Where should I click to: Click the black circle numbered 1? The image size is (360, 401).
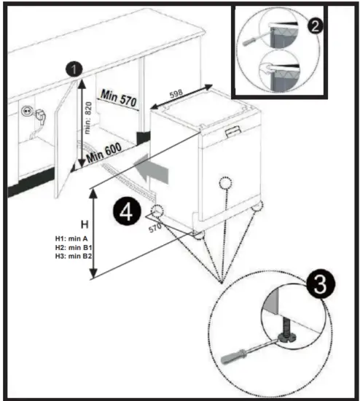74,69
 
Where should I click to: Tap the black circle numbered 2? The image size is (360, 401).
315,26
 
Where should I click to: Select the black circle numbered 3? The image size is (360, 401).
321,284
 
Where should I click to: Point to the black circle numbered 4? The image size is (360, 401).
127,211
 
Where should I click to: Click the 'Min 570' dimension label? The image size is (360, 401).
119,98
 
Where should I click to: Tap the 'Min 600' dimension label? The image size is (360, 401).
104,152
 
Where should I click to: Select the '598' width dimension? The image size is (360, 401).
176,93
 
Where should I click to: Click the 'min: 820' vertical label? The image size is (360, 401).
88,118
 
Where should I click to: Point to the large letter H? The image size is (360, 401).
85,225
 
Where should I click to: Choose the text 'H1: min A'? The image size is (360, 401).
71,238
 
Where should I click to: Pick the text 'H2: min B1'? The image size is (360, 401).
74,247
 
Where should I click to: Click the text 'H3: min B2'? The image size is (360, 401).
74,256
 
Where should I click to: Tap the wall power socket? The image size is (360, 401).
26,111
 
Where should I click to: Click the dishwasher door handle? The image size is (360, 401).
233,132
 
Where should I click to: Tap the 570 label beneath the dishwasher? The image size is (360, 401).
155,227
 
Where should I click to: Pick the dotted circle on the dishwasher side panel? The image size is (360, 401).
225,183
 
